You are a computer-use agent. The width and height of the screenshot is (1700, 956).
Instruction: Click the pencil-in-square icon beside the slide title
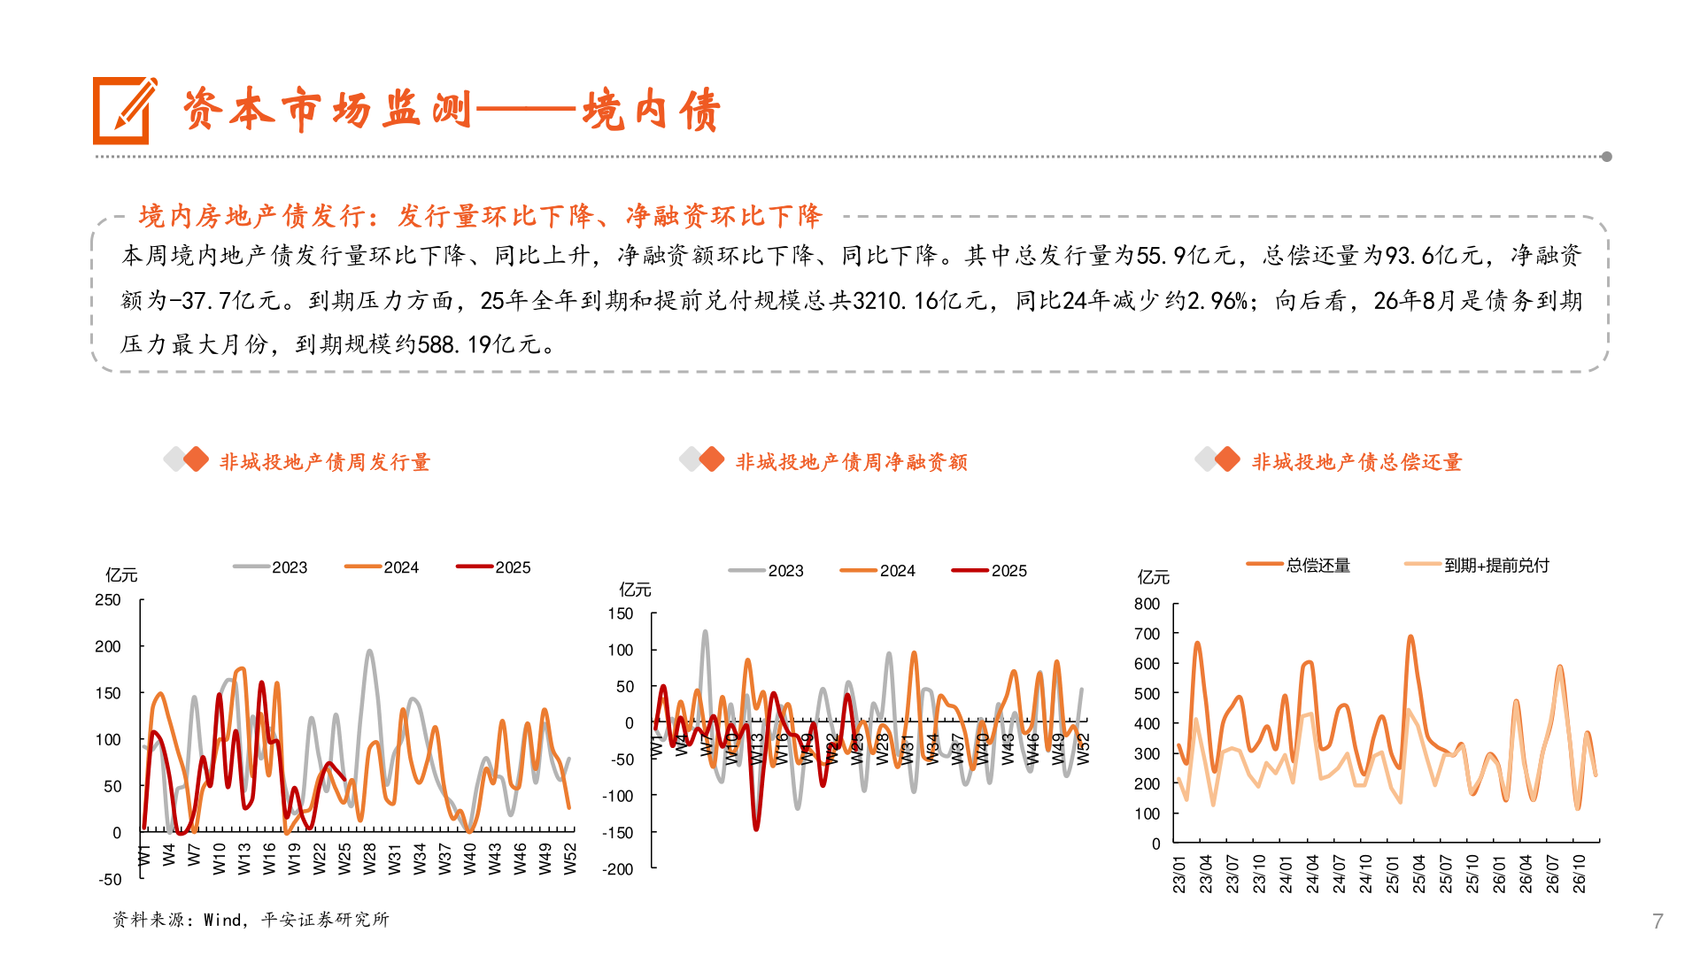tap(124, 111)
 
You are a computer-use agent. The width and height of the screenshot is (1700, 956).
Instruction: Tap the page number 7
tap(1657, 921)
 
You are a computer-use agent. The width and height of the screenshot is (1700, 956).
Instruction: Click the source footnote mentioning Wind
tap(251, 920)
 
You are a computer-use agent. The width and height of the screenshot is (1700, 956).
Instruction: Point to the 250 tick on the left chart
tap(108, 600)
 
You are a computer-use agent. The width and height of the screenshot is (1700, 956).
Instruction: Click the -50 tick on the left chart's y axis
tap(110, 879)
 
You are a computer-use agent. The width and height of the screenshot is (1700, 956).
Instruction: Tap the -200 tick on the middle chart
tap(618, 869)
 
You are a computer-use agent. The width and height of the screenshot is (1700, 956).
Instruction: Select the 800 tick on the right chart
tap(1147, 604)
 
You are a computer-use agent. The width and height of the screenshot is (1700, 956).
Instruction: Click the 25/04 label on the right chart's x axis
tap(1419, 874)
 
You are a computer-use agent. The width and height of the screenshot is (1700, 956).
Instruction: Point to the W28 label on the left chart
tap(370, 859)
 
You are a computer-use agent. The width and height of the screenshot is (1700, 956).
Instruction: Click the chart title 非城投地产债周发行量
tap(324, 462)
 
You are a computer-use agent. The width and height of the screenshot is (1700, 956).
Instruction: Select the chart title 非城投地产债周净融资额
tap(851, 462)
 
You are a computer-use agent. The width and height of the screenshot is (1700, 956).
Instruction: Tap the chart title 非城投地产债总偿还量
tap(1356, 462)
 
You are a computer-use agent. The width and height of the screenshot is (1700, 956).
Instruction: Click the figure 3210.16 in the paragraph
tap(896, 301)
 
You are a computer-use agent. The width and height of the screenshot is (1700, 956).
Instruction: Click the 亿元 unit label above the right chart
tap(1153, 577)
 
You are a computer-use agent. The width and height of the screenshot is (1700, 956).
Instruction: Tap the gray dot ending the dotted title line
tap(1606, 157)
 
